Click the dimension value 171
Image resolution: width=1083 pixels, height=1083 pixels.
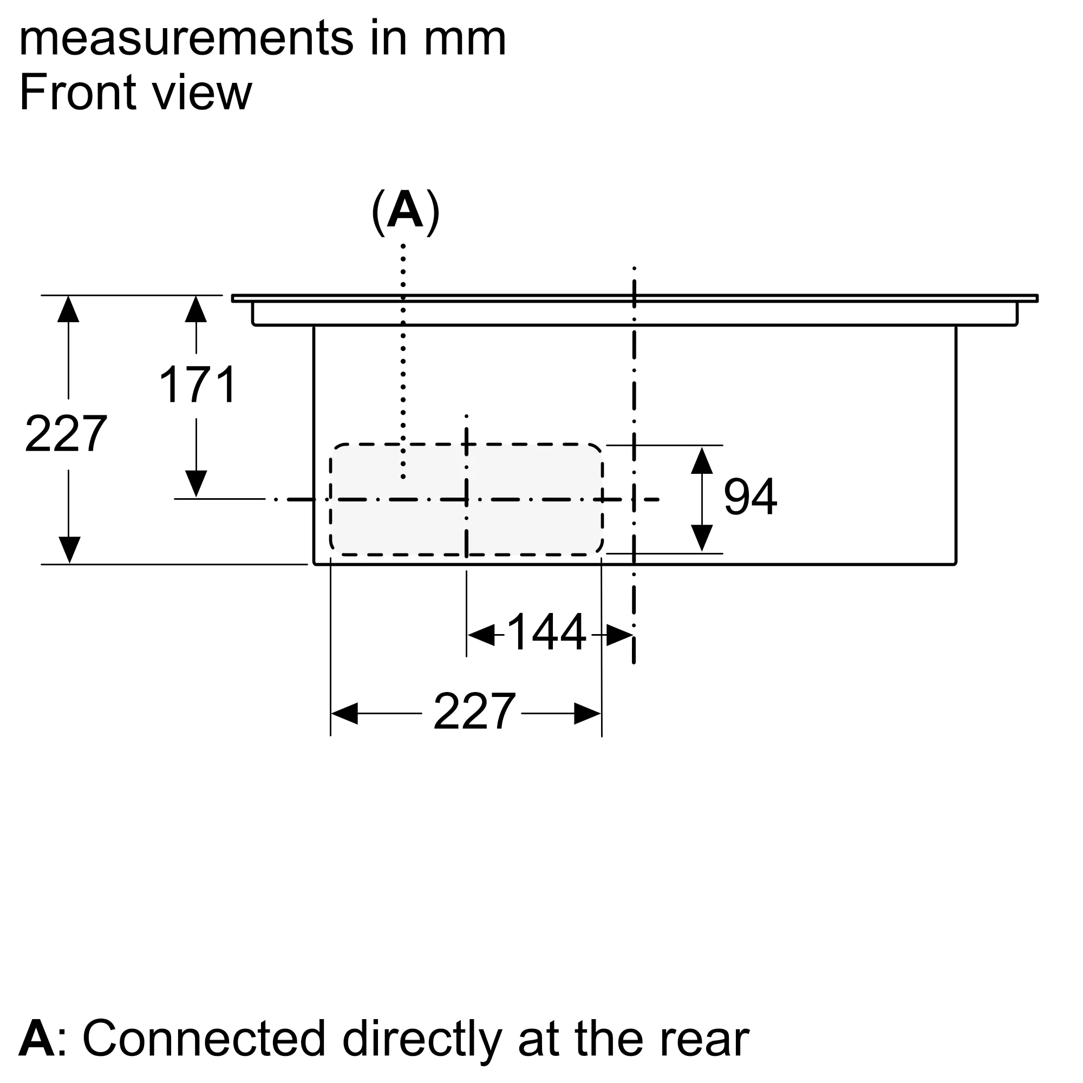tap(198, 384)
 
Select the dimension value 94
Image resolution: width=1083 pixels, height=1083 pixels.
tap(750, 497)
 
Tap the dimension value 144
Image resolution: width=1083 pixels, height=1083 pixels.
tap(545, 633)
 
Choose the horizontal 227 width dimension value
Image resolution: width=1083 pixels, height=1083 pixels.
tap(474, 712)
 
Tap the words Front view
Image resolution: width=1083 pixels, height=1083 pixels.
tap(136, 93)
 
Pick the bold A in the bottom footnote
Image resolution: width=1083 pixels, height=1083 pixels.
tap(36, 1038)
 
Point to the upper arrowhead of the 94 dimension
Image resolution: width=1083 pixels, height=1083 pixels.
tap(702, 461)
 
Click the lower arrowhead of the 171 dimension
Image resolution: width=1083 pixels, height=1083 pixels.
tap(196, 483)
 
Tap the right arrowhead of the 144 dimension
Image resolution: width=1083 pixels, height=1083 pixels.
tap(619, 635)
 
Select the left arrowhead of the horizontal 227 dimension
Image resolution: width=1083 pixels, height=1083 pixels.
tap(344, 713)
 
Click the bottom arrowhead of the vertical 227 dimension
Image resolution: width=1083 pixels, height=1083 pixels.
tap(69, 549)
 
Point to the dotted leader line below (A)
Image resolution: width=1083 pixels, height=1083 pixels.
tap(403, 359)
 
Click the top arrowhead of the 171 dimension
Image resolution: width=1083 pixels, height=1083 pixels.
tap(196, 309)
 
